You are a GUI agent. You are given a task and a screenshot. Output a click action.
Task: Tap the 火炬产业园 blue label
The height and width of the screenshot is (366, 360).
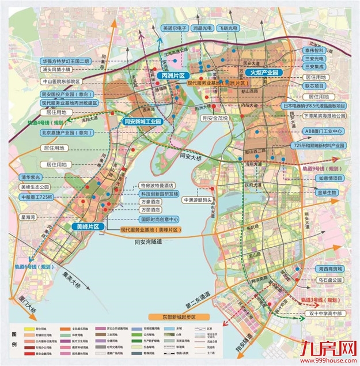tap(263, 73)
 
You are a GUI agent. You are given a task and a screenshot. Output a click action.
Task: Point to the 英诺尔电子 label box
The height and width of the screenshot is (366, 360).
tap(175, 27)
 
